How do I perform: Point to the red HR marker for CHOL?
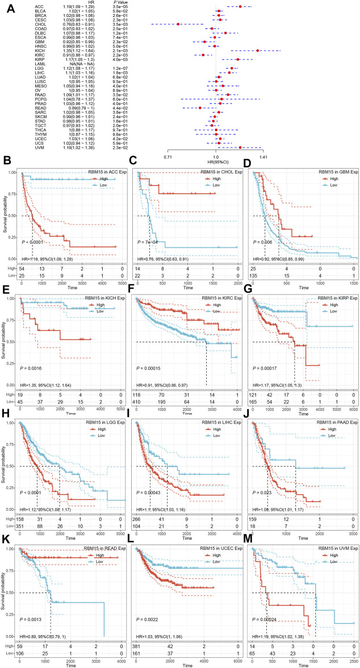click(x=178, y=24)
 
